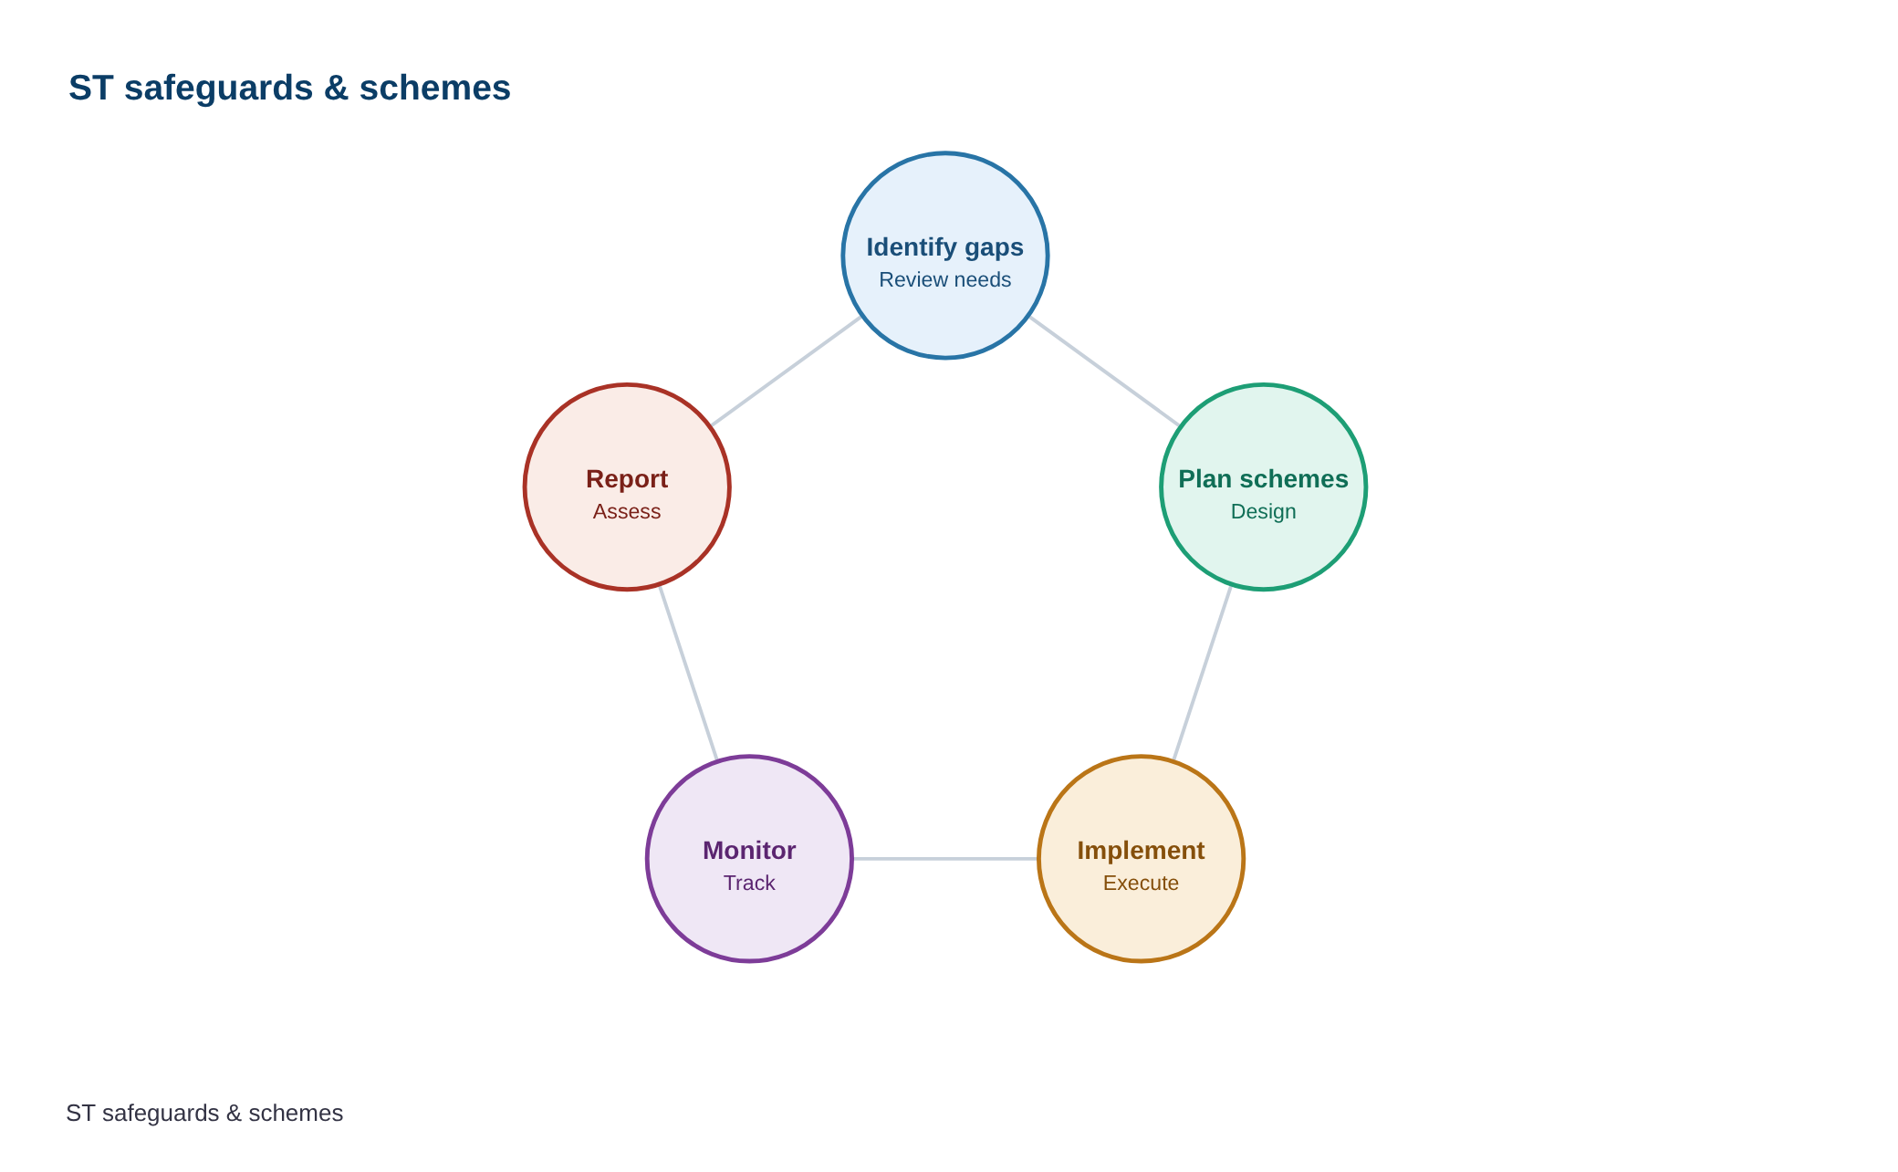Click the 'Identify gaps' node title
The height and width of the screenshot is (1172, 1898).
coord(944,247)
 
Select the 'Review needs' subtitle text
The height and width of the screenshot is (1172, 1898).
coord(944,279)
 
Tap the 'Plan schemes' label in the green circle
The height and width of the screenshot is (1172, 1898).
coord(1263,479)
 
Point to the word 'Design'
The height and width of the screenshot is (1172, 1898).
coord(1263,511)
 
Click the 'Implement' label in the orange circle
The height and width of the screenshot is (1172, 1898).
coord(1141,851)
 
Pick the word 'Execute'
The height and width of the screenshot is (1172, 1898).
coord(1141,883)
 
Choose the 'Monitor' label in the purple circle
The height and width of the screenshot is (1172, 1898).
coord(749,851)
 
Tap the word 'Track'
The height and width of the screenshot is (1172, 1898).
coord(749,883)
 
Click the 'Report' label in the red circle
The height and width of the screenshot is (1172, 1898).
coord(627,479)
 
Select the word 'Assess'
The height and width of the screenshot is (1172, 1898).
coord(627,511)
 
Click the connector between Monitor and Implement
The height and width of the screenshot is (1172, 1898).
coord(945,859)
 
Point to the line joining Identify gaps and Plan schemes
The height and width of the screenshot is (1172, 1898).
coord(1104,371)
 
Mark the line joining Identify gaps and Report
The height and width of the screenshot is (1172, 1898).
coord(786,371)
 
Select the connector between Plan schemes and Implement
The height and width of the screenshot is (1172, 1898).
coord(1202,673)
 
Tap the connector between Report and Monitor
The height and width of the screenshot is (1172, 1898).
coord(688,673)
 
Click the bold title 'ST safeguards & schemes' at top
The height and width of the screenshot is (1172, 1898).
coord(289,89)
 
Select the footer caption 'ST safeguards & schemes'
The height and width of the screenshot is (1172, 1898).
coord(204,1113)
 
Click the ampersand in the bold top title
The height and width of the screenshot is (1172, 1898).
coord(336,89)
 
